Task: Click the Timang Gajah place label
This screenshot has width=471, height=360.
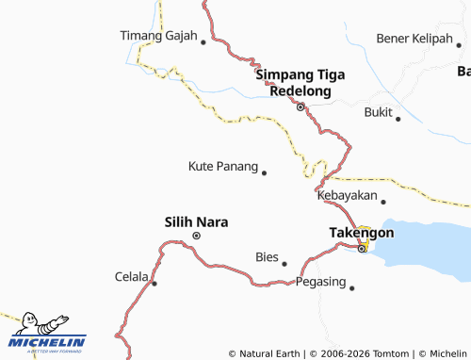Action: click(157, 37)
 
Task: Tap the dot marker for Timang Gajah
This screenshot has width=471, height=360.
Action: click(203, 41)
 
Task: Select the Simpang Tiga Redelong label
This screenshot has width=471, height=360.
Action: click(298, 82)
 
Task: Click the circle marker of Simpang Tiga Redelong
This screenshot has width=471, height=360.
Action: click(300, 107)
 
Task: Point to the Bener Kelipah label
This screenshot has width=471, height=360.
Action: click(414, 38)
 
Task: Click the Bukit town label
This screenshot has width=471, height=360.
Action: click(377, 112)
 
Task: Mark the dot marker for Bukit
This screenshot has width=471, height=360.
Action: click(398, 119)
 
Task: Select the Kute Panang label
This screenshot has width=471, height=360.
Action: click(222, 167)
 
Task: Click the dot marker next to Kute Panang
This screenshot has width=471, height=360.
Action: click(264, 172)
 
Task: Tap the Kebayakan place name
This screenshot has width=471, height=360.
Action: click(347, 196)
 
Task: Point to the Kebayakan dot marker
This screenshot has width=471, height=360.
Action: click(383, 201)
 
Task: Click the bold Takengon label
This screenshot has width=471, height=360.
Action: click(361, 232)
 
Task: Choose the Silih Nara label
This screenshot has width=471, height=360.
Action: click(197, 222)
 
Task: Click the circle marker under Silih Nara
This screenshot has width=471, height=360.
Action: click(196, 236)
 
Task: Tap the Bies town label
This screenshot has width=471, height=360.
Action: click(267, 256)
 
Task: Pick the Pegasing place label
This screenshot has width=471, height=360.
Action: click(320, 282)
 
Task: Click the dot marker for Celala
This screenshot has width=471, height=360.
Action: click(154, 283)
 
